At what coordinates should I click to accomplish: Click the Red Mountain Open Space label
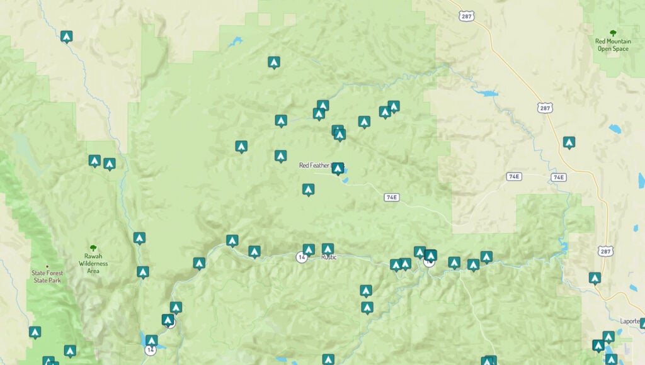click(x=613, y=45)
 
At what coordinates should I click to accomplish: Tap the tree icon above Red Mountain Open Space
click(x=613, y=33)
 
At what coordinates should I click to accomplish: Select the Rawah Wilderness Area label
click(x=93, y=263)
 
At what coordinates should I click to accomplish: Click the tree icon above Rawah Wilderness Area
click(x=93, y=249)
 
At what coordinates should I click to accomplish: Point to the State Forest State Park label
click(x=47, y=276)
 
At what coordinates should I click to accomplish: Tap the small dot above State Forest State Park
click(x=47, y=266)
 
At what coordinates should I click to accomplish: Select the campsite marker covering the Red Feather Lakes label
click(x=338, y=168)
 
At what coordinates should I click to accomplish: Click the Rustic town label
click(x=329, y=257)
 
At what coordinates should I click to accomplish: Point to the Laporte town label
click(x=629, y=321)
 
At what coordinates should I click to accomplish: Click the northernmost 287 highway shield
click(x=467, y=16)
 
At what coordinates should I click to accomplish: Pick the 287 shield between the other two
click(x=545, y=108)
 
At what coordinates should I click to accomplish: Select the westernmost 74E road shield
click(x=391, y=198)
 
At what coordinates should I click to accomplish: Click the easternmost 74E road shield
click(x=558, y=177)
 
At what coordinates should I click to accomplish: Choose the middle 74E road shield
click(x=514, y=176)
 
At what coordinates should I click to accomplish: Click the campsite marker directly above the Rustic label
click(x=328, y=249)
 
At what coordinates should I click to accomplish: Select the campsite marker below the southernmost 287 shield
click(x=595, y=277)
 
